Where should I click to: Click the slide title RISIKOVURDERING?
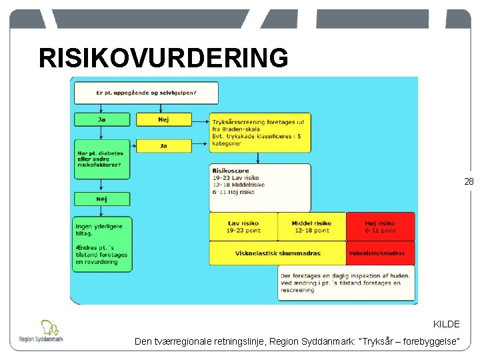click(x=163, y=59)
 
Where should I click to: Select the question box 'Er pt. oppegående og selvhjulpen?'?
click(x=146, y=93)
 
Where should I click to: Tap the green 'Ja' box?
click(x=102, y=119)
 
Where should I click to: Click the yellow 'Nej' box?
click(x=163, y=119)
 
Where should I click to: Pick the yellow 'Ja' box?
click(x=163, y=145)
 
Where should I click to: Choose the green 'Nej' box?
click(x=102, y=199)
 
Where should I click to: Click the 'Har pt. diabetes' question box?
click(x=102, y=161)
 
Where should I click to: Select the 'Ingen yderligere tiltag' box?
click(x=102, y=244)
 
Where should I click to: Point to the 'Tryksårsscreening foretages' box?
click(x=260, y=131)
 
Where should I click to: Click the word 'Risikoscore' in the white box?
click(x=231, y=171)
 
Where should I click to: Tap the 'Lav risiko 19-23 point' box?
click(x=243, y=227)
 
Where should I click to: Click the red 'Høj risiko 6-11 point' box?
click(x=380, y=227)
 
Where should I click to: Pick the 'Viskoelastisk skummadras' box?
click(x=277, y=253)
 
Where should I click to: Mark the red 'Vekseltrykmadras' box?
click(x=380, y=253)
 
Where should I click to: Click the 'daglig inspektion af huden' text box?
click(x=345, y=283)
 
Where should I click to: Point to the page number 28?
click(x=469, y=181)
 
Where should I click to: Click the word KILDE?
click(x=446, y=324)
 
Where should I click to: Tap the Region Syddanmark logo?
click(x=41, y=331)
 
